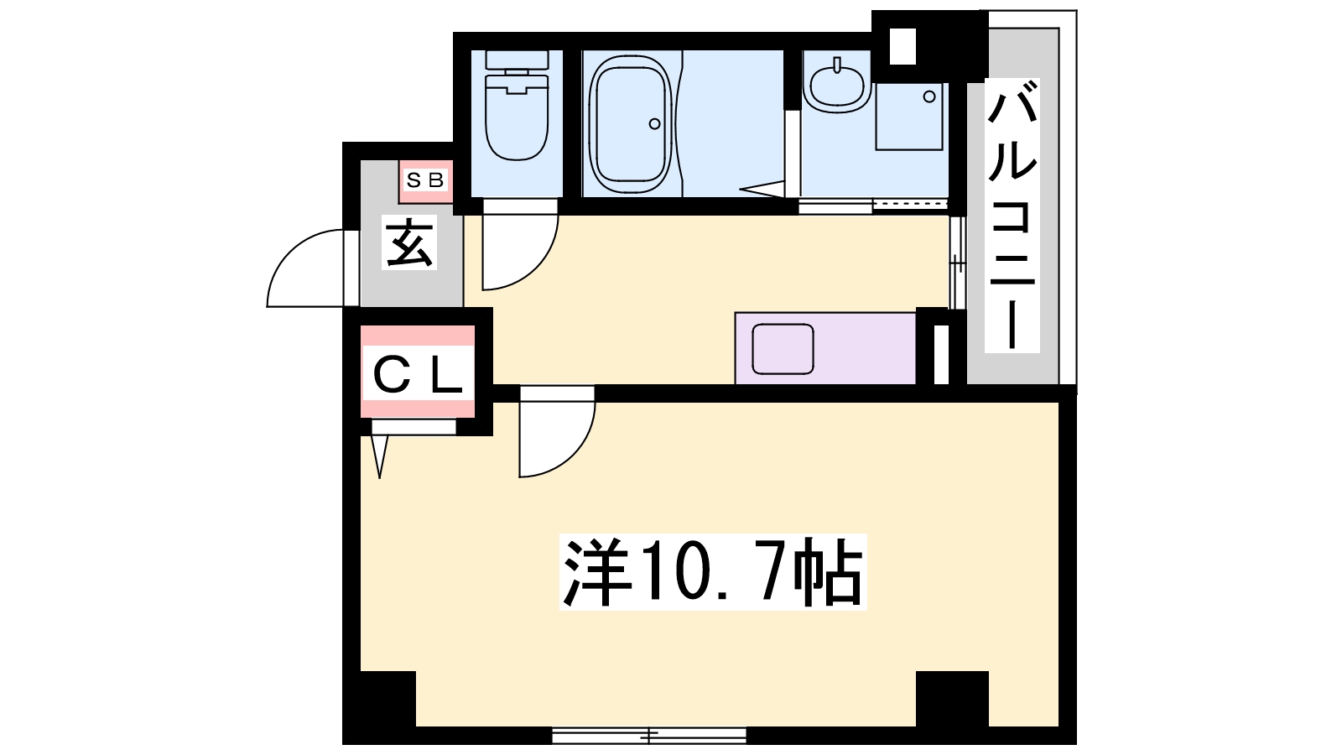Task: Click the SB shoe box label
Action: (x=425, y=180)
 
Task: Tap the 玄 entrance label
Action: (x=410, y=243)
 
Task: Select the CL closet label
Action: (x=418, y=376)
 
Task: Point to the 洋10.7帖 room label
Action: (x=712, y=572)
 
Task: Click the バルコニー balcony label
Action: (x=1012, y=216)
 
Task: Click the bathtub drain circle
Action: (x=654, y=124)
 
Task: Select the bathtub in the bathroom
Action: (x=630, y=124)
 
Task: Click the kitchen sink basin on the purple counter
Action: (x=783, y=349)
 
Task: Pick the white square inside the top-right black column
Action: (x=902, y=45)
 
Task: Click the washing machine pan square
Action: (x=909, y=116)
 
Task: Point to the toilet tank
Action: (x=517, y=61)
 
